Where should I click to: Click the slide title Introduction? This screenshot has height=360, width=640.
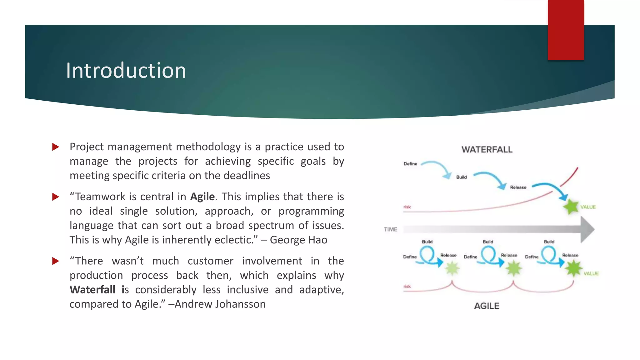126,71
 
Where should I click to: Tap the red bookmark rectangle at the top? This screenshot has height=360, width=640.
566,30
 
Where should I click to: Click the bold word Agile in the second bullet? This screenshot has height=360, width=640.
202,197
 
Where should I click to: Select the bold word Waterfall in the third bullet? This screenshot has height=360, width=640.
92,290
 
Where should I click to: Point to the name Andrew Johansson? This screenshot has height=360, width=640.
220,304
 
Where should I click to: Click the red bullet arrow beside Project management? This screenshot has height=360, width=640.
56,147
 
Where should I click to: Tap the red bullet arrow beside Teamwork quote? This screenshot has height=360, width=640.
56,197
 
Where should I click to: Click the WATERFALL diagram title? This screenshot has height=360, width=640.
487,150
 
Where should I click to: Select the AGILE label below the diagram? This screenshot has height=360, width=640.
487,306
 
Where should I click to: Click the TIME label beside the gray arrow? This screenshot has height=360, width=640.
390,229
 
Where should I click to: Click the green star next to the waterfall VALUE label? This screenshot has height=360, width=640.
571,207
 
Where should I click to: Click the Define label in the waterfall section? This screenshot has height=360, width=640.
410,164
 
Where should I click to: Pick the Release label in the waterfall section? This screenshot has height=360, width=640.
518,187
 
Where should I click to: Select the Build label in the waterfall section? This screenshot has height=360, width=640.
461,177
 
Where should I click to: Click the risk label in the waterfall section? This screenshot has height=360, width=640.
407,207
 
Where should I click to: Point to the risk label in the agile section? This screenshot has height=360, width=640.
407,286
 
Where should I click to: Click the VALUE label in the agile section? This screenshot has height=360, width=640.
591,273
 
